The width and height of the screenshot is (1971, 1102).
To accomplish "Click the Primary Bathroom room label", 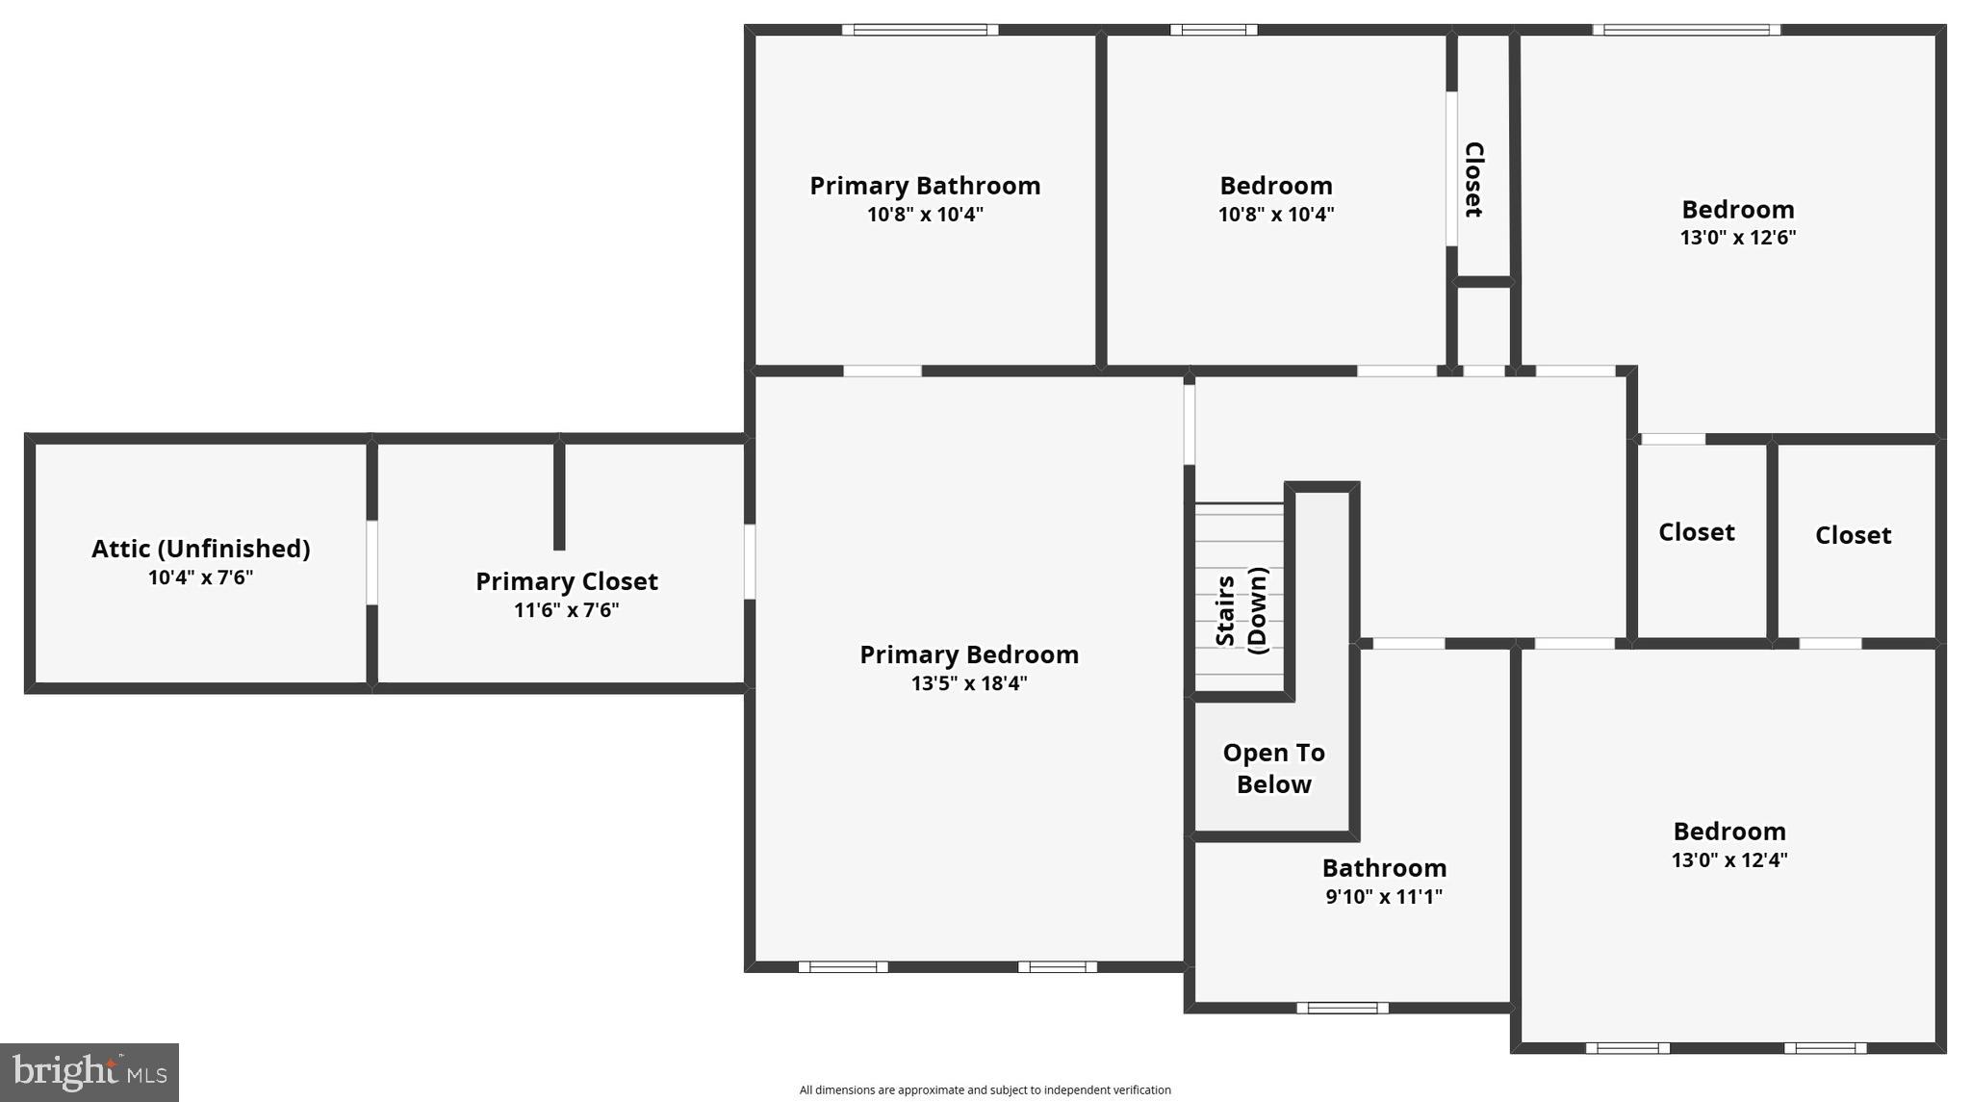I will [x=925, y=186].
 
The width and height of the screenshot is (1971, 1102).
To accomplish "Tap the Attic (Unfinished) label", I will [x=200, y=549].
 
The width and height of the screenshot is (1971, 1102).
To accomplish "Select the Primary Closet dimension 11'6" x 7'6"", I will [x=566, y=610].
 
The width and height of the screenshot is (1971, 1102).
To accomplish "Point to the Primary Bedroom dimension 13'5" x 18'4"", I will [x=969, y=683].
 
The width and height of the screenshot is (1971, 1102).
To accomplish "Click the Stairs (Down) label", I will [x=1241, y=610].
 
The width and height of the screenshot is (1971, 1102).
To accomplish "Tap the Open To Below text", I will [x=1273, y=768].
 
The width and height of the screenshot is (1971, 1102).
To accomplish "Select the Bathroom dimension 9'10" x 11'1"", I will [x=1384, y=897].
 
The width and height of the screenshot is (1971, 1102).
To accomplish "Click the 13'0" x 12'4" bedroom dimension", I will [x=1729, y=860].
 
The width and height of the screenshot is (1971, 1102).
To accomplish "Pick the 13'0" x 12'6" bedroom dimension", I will [x=1738, y=238].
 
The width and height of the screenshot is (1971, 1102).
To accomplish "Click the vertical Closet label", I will [x=1473, y=179].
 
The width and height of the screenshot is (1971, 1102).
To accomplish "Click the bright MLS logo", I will [x=90, y=1072].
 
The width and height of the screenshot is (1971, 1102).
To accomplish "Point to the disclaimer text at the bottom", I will [x=985, y=1090].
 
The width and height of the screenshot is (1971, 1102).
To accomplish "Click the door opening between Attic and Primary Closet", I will [x=371, y=563].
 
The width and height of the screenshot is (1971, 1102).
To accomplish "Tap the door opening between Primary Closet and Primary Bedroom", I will [x=750, y=562].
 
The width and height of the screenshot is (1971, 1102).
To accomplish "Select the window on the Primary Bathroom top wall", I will [x=920, y=30].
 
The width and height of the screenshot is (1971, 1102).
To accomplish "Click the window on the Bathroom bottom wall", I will [x=1342, y=1008].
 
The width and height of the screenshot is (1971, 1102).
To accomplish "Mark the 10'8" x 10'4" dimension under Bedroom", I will [x=1276, y=215].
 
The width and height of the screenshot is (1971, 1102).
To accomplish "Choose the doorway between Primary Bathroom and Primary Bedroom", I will [x=883, y=371].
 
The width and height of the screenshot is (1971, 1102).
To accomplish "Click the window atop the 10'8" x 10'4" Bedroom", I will [x=1214, y=30].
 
